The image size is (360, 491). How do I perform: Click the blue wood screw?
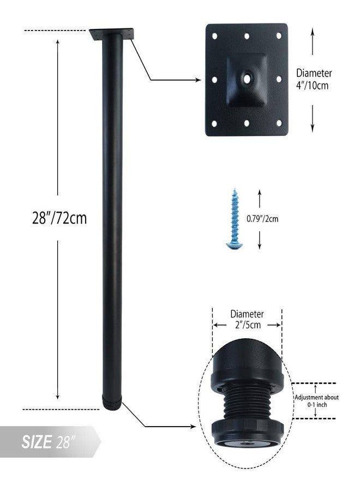click(x=234, y=219)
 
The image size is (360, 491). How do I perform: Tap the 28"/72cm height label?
click(x=59, y=218)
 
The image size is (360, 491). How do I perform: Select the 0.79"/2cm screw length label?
click(x=262, y=219)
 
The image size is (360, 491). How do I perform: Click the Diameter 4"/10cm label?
click(x=314, y=79)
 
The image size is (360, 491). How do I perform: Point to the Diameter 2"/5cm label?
click(x=247, y=319)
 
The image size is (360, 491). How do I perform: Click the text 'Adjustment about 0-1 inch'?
click(x=316, y=401)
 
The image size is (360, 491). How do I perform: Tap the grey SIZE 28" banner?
click(x=50, y=441)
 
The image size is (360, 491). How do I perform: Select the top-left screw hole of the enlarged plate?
click(x=215, y=36)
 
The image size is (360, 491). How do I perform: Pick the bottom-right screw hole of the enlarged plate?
click(x=279, y=123)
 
